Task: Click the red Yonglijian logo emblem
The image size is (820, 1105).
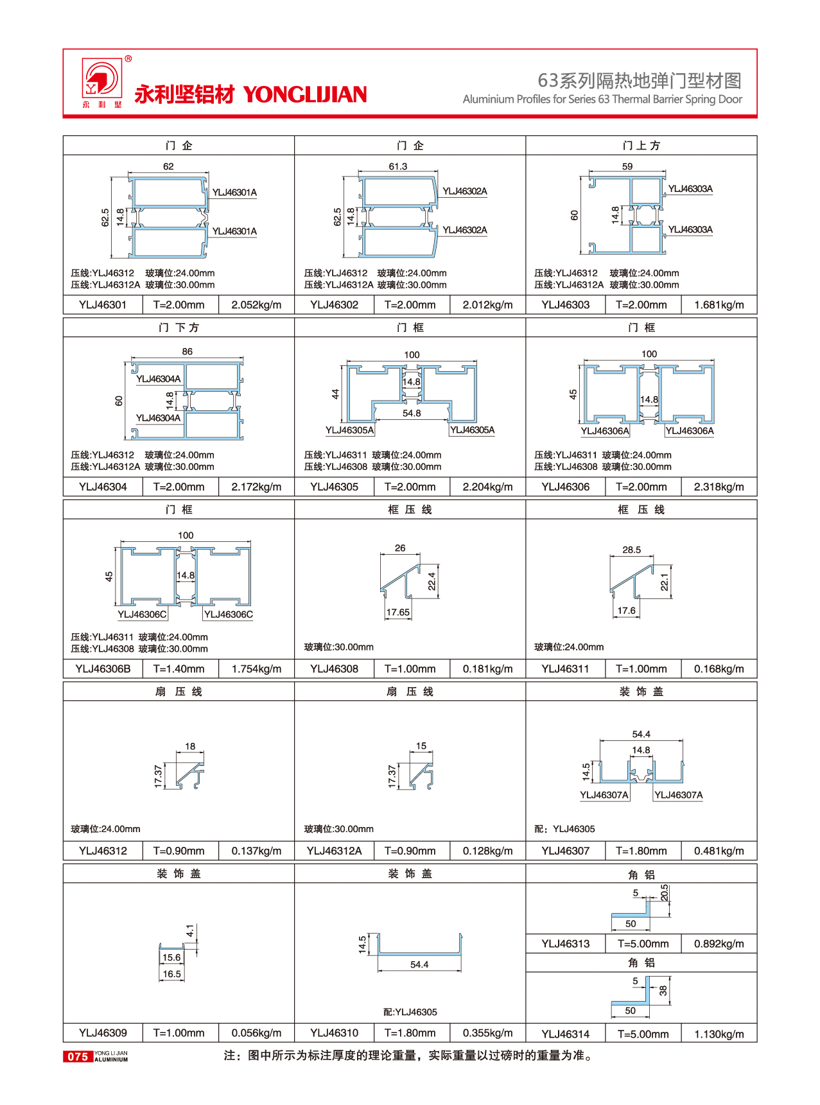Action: [x=101, y=80]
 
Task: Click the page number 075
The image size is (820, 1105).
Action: [x=78, y=1056]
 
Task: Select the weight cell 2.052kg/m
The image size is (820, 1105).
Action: [x=256, y=305]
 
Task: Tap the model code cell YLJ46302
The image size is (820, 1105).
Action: [x=334, y=305]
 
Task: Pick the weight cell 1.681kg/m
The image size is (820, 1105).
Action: [x=719, y=305]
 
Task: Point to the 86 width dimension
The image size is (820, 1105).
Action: [x=187, y=351]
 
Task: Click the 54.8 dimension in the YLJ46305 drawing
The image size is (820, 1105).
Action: [x=412, y=413]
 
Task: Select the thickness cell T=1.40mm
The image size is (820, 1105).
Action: [x=179, y=669]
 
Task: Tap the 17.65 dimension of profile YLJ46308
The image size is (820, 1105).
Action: [x=397, y=612]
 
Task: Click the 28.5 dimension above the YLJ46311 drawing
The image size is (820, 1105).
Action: [x=631, y=550]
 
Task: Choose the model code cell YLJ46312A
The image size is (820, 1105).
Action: [x=334, y=851]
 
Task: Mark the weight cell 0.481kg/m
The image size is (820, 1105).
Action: [x=719, y=851]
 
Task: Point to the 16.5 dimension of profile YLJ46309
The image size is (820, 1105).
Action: [x=171, y=973]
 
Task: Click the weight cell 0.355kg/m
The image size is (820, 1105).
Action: [x=487, y=1033]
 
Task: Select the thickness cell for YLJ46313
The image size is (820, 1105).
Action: [x=643, y=944]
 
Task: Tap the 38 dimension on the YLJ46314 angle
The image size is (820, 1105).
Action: [x=663, y=991]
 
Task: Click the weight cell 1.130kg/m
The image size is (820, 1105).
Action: [x=719, y=1034]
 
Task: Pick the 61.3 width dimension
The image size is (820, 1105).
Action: [x=397, y=166]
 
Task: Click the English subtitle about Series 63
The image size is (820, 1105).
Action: [x=602, y=99]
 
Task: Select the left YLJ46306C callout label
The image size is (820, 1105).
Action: [x=142, y=614]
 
